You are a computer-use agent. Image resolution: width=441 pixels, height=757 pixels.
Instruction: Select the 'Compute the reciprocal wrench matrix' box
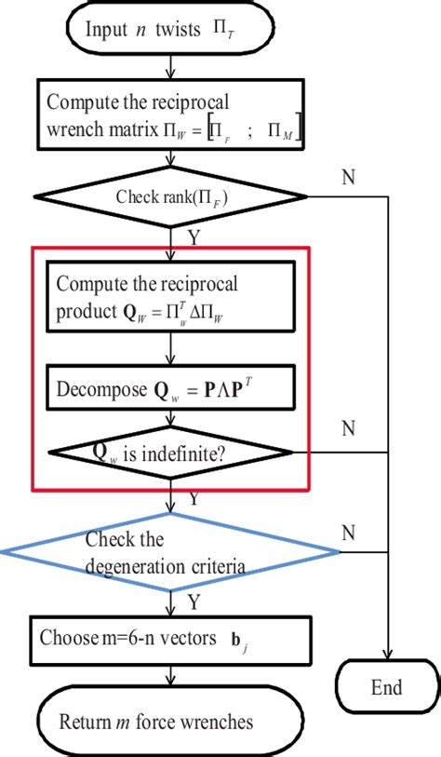click(x=170, y=115)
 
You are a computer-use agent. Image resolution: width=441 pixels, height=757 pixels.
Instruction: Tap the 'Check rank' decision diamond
click(x=170, y=196)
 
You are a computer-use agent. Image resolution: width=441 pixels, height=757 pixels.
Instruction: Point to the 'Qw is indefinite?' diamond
click(x=170, y=453)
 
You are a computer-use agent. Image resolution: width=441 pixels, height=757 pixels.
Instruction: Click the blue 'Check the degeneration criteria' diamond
click(x=170, y=553)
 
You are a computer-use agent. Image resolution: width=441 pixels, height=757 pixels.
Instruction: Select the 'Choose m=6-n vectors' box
click(x=170, y=639)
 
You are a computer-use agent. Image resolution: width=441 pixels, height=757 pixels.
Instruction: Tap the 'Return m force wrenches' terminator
click(x=170, y=721)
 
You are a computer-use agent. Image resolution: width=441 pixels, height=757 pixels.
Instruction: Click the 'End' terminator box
click(x=387, y=687)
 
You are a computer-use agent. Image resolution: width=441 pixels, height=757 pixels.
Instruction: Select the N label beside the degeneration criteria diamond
click(x=348, y=532)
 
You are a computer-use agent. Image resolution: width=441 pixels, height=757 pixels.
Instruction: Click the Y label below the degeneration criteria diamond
click(x=193, y=600)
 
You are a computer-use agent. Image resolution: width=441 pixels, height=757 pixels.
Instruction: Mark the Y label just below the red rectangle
click(x=193, y=500)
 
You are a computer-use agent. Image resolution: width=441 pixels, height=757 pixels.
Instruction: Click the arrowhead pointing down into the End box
click(x=387, y=655)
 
